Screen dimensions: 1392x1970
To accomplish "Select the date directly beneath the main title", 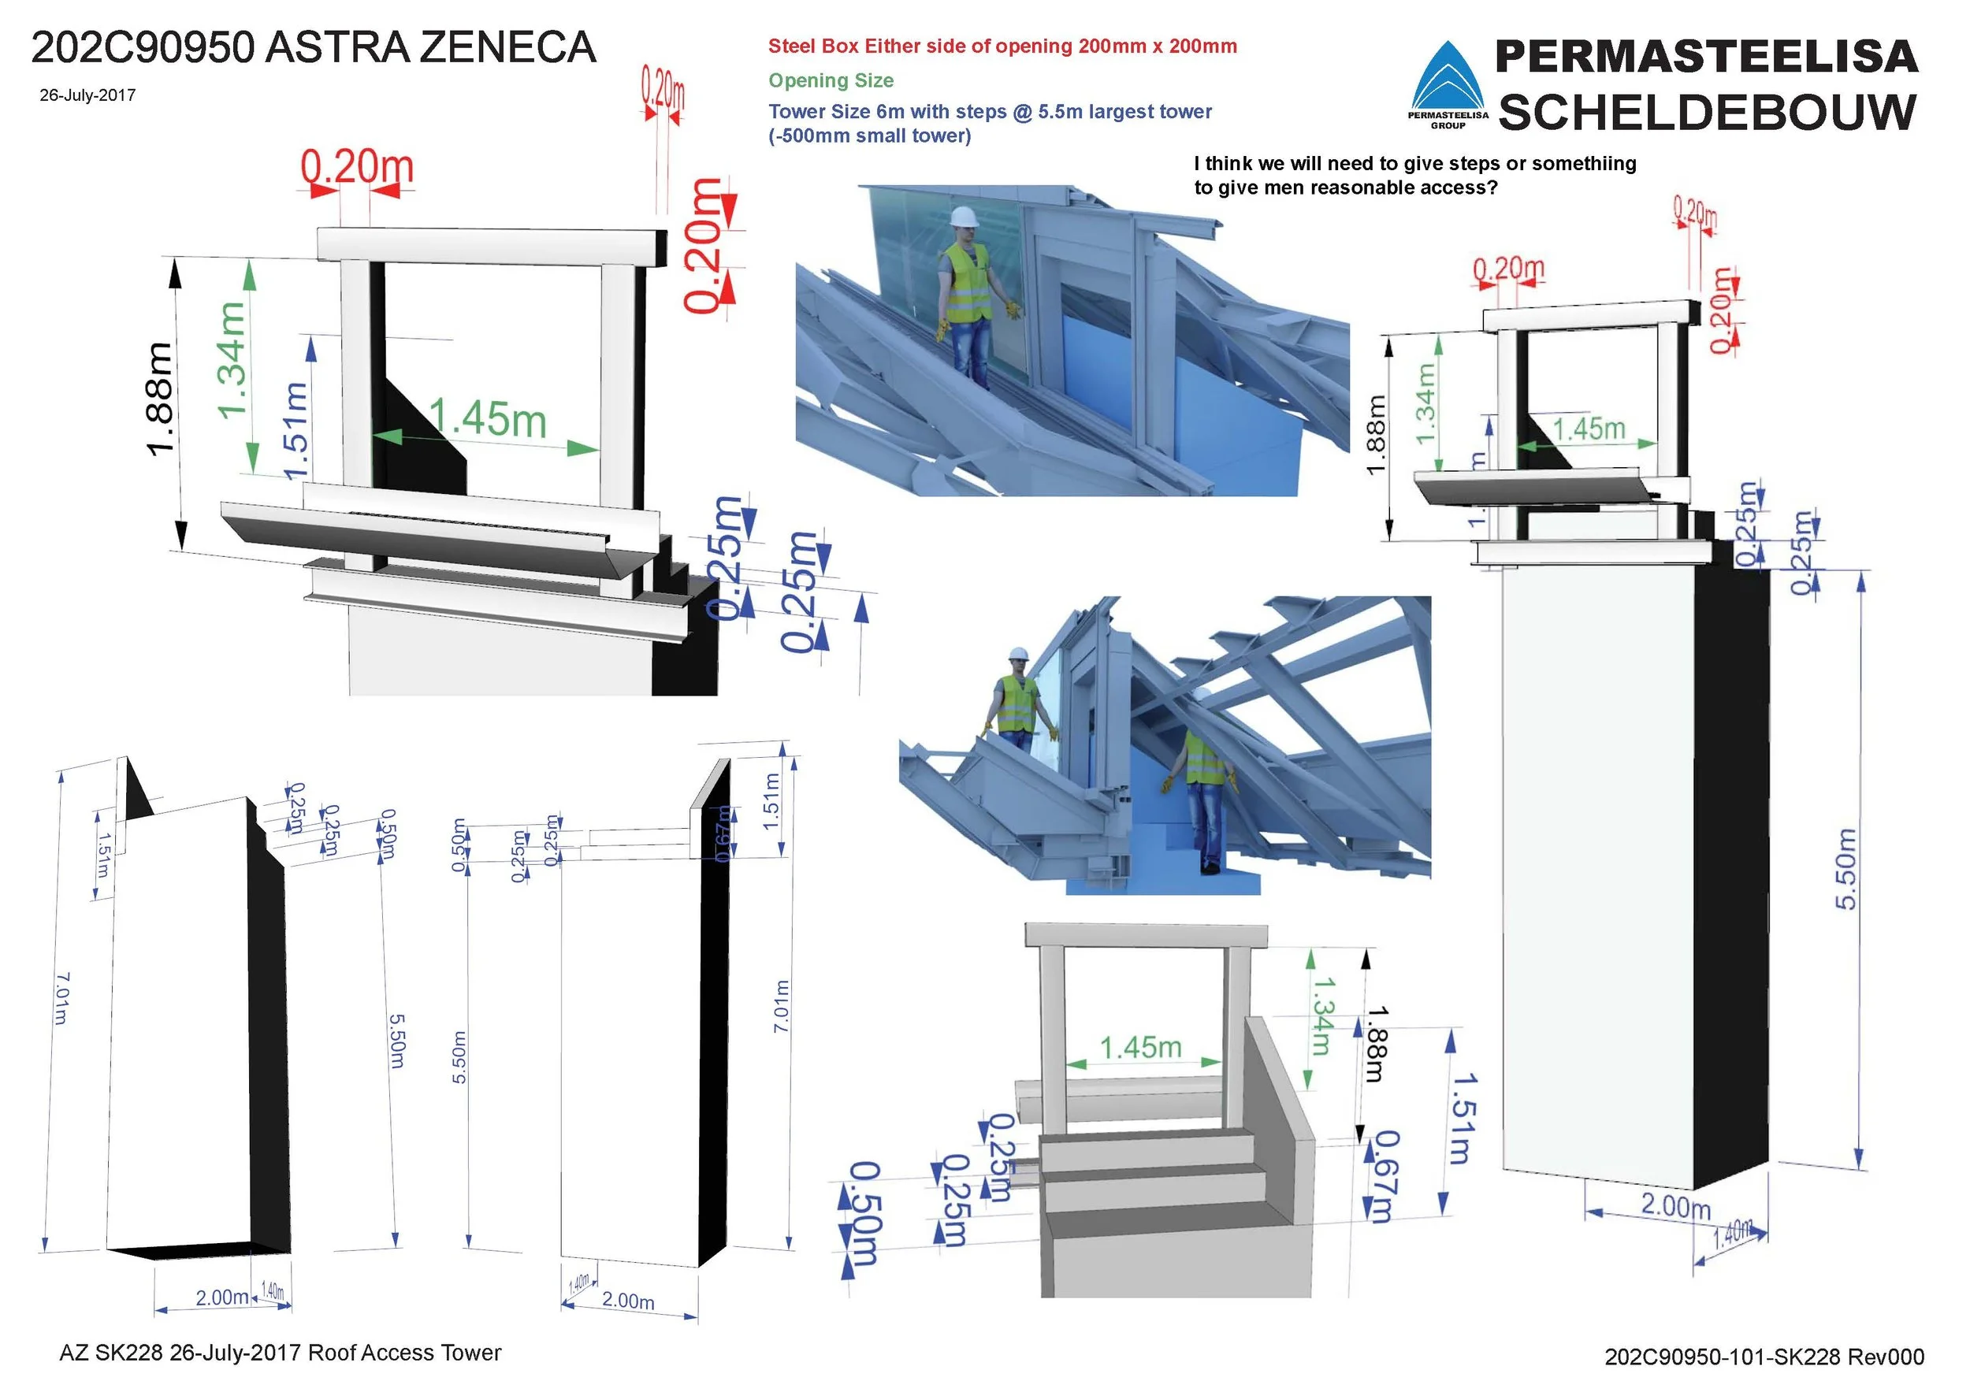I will coord(87,95).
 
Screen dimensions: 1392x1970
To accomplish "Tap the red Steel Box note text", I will coord(1002,46).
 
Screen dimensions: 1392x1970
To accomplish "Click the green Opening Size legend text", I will coord(831,80).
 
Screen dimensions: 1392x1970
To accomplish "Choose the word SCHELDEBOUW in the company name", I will coord(1708,113).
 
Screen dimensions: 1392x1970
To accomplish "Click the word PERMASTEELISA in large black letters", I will coord(1707,57).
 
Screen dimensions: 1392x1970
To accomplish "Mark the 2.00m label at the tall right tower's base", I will coord(1676,1206).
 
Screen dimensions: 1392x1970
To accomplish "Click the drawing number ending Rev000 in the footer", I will coord(1764,1356).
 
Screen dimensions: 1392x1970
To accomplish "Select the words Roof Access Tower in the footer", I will coord(404,1353).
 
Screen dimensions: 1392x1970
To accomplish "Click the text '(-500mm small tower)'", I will coord(869,136).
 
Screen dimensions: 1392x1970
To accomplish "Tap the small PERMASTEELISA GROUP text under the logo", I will coord(1448,120).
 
